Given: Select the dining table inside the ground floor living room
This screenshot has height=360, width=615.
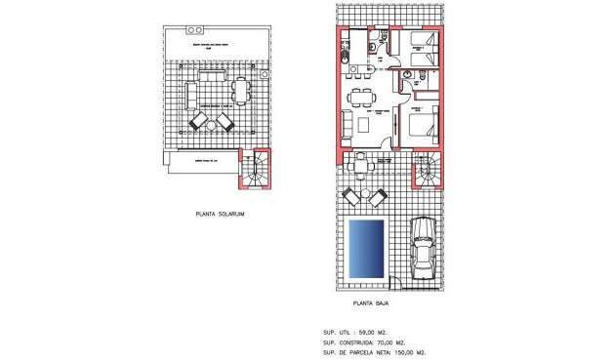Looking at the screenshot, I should pos(366,97).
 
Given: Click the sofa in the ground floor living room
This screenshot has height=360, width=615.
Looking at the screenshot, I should pos(347,125).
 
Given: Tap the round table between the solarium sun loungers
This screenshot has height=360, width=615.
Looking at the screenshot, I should pos(211,122).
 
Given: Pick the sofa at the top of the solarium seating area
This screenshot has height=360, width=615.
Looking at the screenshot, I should pos(211,75).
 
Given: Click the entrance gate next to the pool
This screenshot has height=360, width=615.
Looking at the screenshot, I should pos(392,284).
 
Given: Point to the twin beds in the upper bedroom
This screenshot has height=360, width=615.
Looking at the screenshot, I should pos(423,49).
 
